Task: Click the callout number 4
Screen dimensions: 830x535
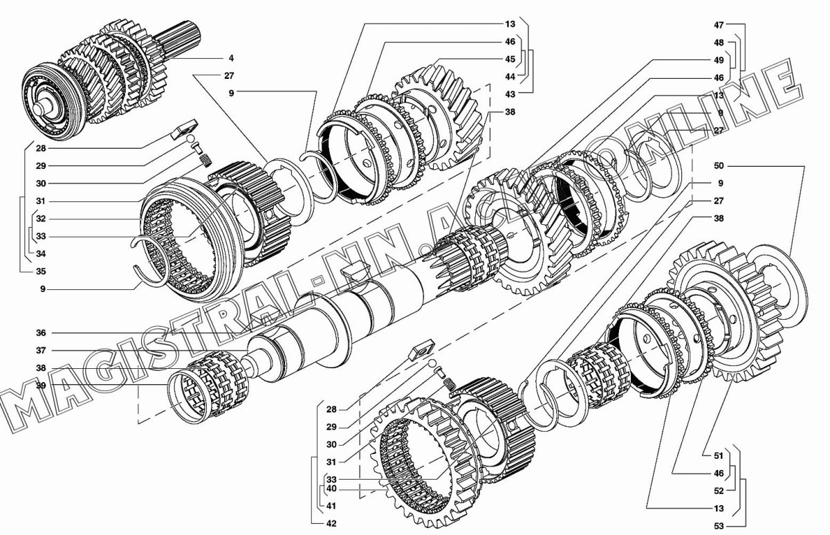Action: tap(231, 58)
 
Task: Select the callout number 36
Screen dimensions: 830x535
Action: tap(41, 333)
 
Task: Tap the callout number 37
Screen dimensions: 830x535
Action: tap(41, 350)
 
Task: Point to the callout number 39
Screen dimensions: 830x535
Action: tap(41, 386)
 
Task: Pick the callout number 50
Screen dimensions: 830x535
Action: tap(719, 165)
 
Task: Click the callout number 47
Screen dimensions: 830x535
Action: tap(719, 25)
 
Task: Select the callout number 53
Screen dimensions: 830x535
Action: tap(719, 526)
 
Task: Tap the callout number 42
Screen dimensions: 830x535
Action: tap(331, 523)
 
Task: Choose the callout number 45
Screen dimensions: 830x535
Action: tap(510, 59)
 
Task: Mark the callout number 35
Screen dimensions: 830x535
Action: tap(41, 271)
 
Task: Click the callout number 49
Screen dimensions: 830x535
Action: tap(719, 60)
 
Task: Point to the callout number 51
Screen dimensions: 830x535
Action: tap(719, 455)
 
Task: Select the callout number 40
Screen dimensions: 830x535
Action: tap(331, 489)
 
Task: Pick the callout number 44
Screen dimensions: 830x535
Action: tap(510, 77)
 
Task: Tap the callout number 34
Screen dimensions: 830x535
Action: tap(41, 254)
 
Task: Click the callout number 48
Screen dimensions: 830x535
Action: tap(719, 43)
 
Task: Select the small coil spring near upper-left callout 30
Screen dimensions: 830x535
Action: tap(206, 161)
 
